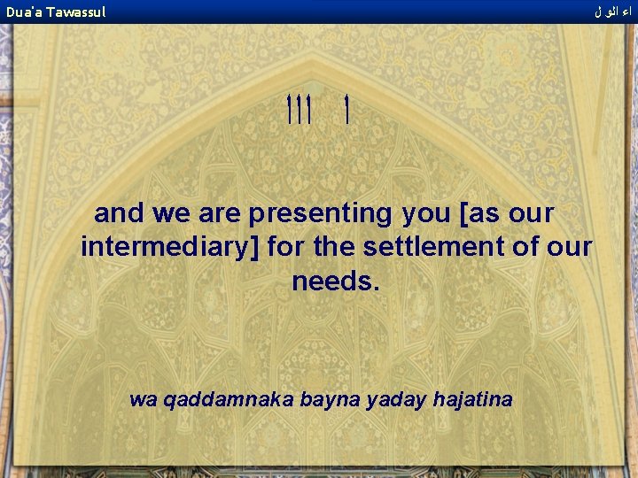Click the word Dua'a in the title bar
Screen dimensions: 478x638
point(24,12)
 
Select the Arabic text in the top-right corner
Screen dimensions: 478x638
point(613,12)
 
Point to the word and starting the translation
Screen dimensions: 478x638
point(120,213)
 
